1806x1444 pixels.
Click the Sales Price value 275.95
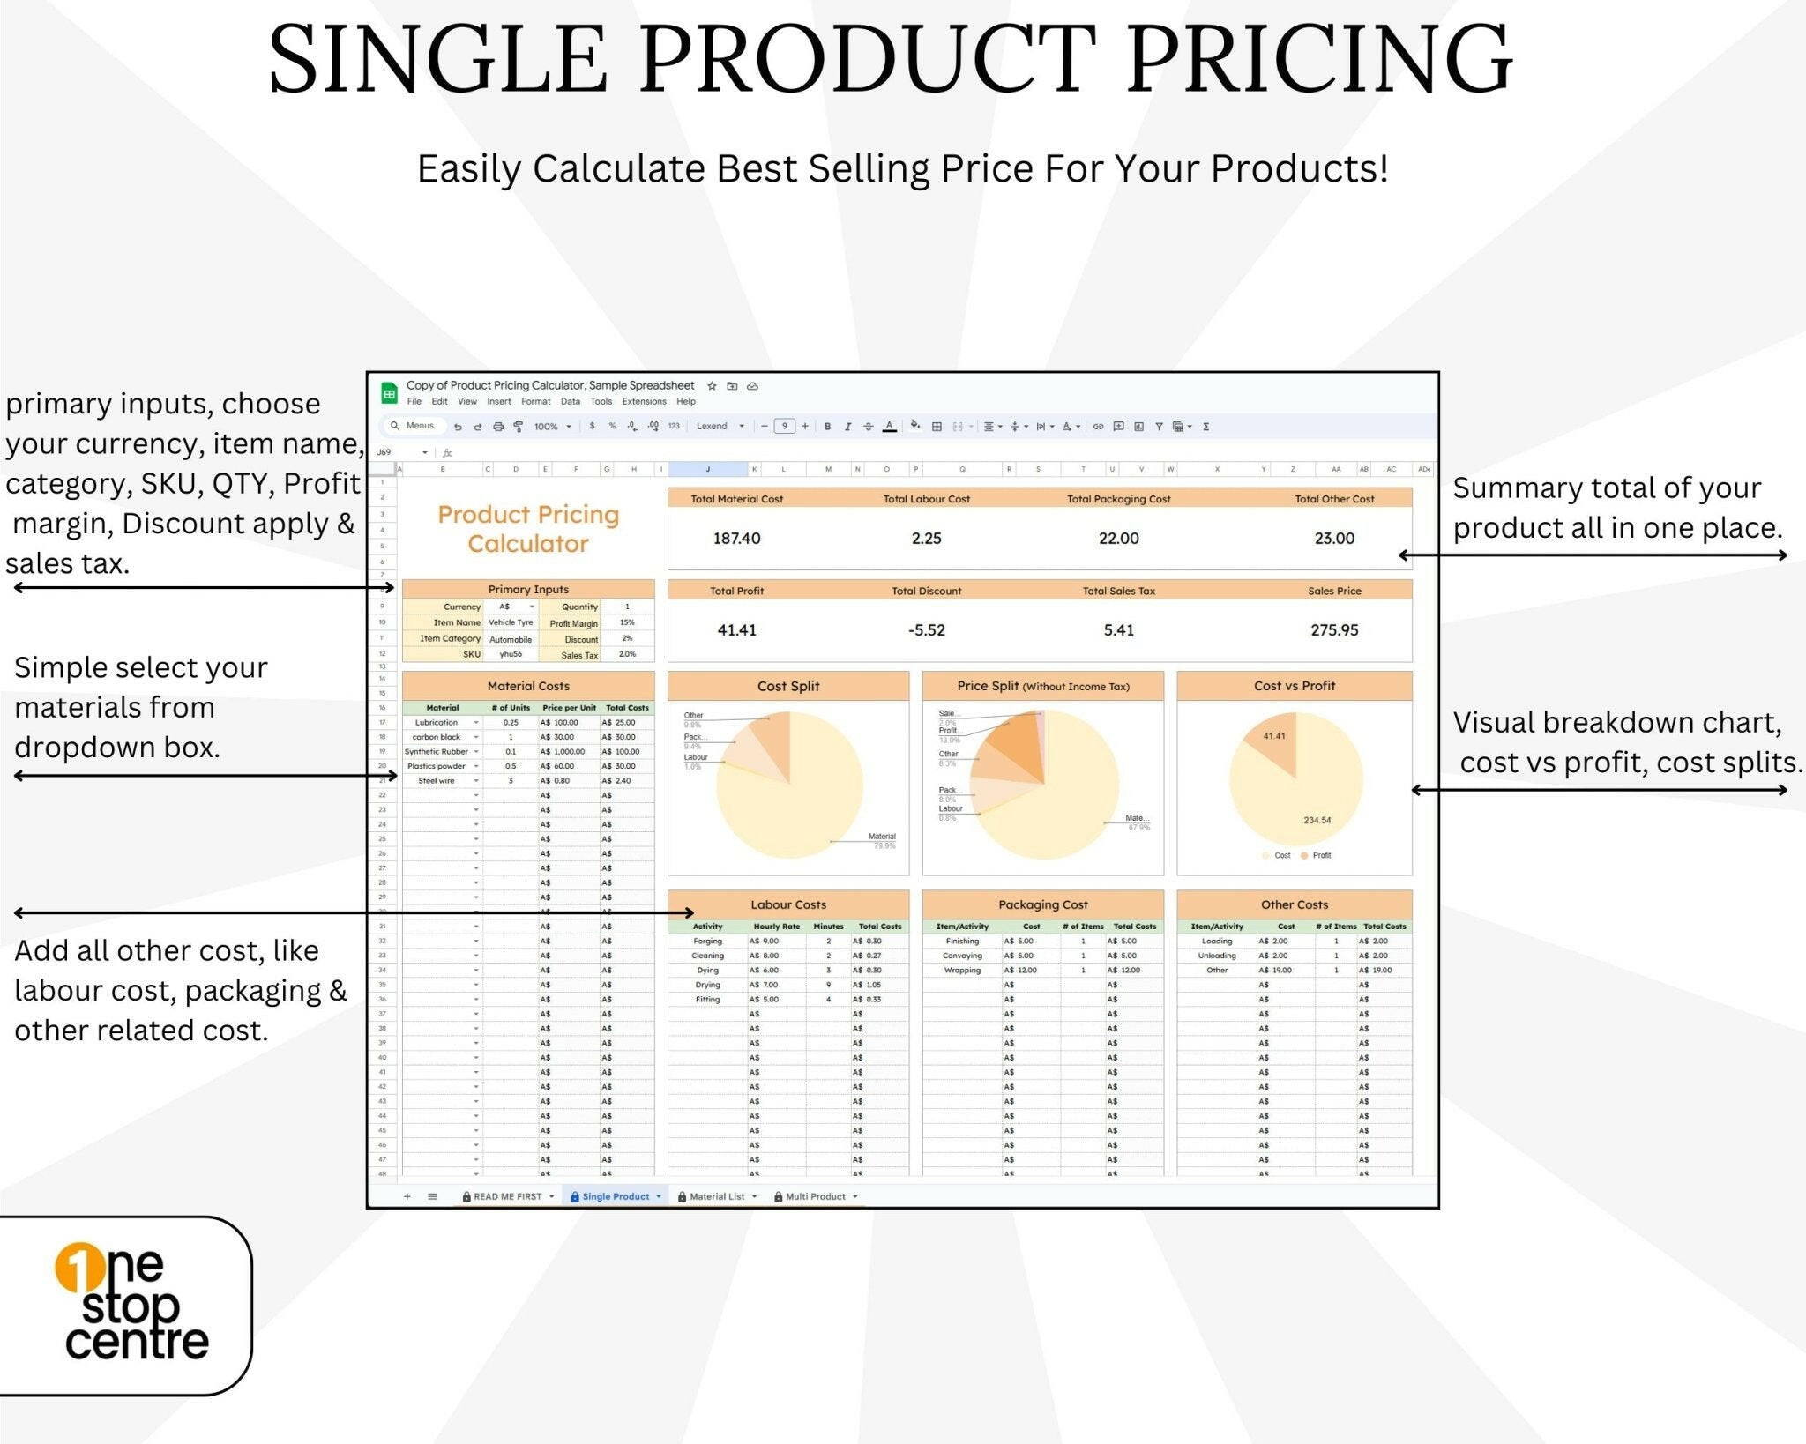coord(1333,630)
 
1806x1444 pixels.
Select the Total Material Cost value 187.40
coord(736,539)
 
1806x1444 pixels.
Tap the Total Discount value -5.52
coord(926,630)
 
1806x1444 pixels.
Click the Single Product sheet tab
coord(615,1196)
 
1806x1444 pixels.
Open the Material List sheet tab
coord(716,1196)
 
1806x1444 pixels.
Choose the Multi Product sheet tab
coord(815,1196)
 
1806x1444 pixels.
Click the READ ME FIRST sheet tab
coord(507,1196)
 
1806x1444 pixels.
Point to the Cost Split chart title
coord(787,686)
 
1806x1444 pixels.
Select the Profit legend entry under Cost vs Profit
coord(1320,855)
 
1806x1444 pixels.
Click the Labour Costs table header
coord(787,904)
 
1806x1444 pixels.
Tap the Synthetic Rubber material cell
coord(437,752)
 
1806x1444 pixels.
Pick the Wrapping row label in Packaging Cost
coord(961,970)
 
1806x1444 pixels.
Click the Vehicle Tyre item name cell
coord(511,622)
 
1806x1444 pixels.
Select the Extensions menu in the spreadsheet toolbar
coord(644,401)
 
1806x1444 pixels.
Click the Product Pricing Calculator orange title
coord(528,529)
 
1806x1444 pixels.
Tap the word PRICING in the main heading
coord(1318,60)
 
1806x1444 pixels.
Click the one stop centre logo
coord(132,1305)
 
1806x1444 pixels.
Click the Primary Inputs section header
coord(528,589)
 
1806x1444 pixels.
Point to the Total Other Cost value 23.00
coord(1333,539)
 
